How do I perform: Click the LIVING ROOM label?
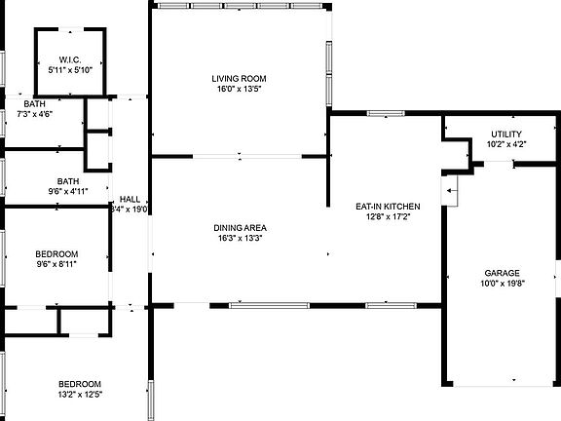(x=239, y=79)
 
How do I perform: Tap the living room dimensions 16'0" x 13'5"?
(x=239, y=90)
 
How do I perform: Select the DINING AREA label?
(x=240, y=228)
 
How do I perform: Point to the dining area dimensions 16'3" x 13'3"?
(x=240, y=239)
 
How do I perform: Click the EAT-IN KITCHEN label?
(x=388, y=207)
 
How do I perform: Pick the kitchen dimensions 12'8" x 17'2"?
(x=388, y=217)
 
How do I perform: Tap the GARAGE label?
(x=503, y=273)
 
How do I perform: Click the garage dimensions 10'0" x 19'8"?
(x=503, y=285)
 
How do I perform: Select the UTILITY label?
(x=505, y=134)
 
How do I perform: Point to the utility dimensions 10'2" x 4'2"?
(x=505, y=145)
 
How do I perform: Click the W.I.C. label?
(x=70, y=59)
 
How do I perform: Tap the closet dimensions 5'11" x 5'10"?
(x=70, y=70)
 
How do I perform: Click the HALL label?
(x=129, y=198)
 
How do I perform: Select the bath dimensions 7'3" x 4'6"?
(x=35, y=114)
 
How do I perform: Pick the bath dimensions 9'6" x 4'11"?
(x=67, y=192)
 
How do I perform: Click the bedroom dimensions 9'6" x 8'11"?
(x=56, y=264)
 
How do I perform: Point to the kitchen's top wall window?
(x=385, y=112)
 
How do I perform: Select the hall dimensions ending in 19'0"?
(x=129, y=209)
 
